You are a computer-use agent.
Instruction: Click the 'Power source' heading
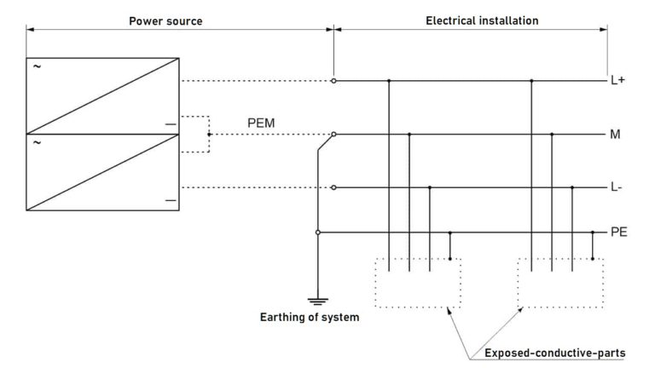165,20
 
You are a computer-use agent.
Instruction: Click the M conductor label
616,135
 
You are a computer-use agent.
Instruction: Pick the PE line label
619,232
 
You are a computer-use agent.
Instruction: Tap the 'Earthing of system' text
309,319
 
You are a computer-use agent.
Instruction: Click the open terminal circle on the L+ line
333,81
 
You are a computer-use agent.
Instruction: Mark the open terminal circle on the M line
333,135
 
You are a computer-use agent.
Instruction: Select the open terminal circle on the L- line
333,187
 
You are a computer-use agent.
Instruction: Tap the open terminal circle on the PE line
317,232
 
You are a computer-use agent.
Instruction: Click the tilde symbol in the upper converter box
37,66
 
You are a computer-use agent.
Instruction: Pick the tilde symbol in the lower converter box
37,142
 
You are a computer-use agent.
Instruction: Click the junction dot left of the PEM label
208,135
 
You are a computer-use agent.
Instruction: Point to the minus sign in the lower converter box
171,200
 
